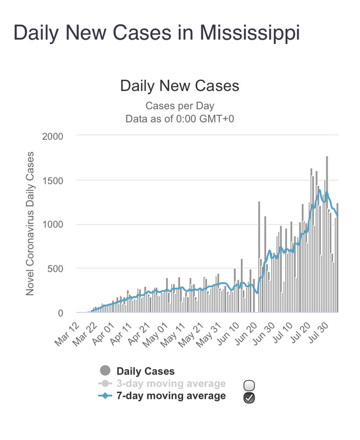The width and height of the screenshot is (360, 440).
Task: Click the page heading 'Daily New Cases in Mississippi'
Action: pos(157,33)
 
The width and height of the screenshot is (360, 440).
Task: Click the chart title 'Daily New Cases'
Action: pos(180,86)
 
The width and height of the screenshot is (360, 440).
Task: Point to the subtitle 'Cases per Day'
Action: pos(180,106)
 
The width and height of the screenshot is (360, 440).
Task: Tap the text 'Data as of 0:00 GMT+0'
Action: pos(180,118)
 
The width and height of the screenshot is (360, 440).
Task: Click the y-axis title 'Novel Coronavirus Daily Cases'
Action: pos(31,223)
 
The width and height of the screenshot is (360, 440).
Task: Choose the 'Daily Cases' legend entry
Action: pos(145,372)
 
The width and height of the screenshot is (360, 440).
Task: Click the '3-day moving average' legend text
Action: pos(171,383)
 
